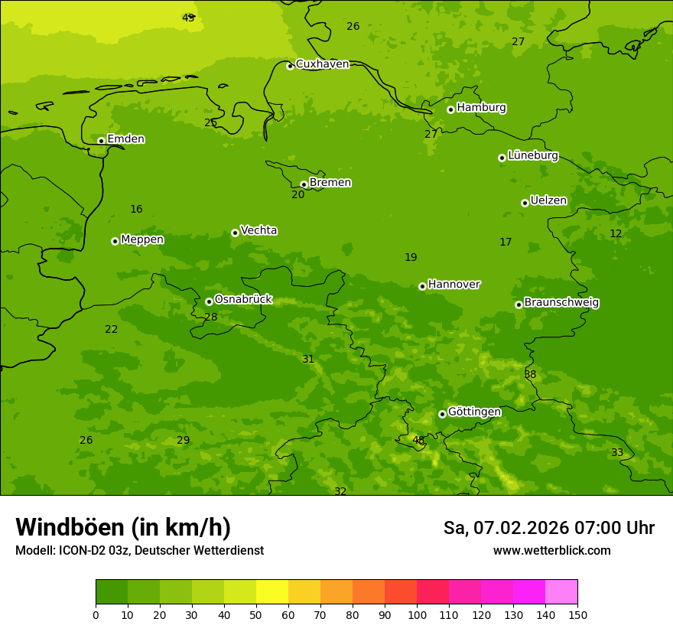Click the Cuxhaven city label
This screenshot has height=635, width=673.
pos(322,63)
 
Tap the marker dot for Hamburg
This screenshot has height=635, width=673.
pos(450,109)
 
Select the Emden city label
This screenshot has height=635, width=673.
pos(125,138)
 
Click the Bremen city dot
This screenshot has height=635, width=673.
pos(304,184)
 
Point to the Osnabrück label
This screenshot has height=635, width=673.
pos(243,299)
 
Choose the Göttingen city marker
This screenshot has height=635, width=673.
pos(442,414)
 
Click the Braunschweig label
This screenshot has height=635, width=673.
pos(561,302)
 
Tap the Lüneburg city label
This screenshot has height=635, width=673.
pos(533,155)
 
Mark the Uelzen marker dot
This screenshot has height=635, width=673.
pos(525,203)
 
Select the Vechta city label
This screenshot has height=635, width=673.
pos(258,230)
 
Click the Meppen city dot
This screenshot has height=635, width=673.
pos(115,241)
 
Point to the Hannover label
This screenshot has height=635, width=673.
pos(454,284)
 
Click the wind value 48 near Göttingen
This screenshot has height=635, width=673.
pos(418,440)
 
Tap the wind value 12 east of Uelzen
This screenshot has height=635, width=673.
pos(616,233)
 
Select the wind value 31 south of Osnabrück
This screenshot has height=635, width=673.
pos(308,359)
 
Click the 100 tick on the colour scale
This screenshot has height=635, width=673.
pos(417,614)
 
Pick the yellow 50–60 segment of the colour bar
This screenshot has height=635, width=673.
pos(272,591)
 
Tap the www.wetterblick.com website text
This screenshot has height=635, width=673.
pos(551,551)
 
